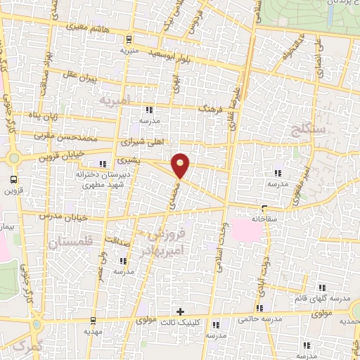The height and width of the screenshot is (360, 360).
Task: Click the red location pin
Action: [x=181, y=165]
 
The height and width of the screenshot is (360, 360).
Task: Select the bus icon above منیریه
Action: [x=129, y=39]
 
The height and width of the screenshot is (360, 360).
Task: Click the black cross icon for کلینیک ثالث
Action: [x=180, y=311]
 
